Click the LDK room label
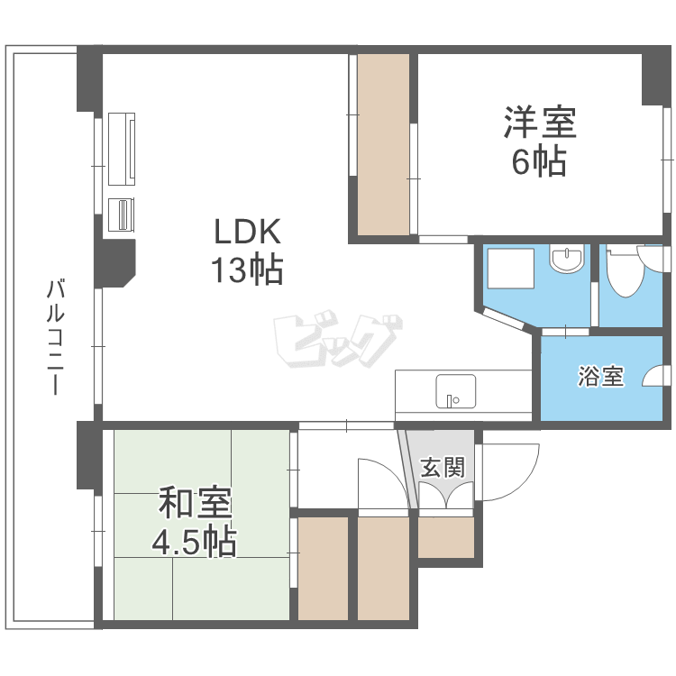(248, 232)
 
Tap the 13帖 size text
(248, 269)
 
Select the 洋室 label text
(539, 122)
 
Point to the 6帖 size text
(539, 161)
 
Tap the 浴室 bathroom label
(600, 377)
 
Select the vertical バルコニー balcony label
(55, 337)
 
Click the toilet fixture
(625, 270)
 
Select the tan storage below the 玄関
(446, 537)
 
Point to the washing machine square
(511, 269)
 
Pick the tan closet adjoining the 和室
(323, 568)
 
